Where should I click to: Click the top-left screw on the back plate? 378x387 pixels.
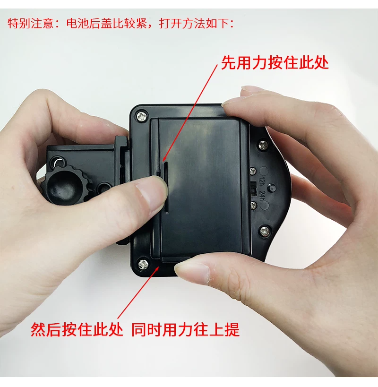(x=142, y=115)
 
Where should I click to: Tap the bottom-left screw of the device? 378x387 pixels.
(x=143, y=264)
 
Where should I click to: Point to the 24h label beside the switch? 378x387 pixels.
(x=262, y=197)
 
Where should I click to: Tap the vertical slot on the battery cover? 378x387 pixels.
(x=166, y=187)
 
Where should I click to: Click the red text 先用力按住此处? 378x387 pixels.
(x=275, y=63)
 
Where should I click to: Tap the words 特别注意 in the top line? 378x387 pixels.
(x=31, y=24)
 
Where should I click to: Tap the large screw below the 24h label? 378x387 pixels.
(x=264, y=231)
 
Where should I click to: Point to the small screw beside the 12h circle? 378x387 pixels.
(x=252, y=171)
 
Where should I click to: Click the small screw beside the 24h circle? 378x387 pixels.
(x=253, y=205)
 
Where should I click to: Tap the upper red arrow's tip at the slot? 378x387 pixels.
(x=163, y=162)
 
